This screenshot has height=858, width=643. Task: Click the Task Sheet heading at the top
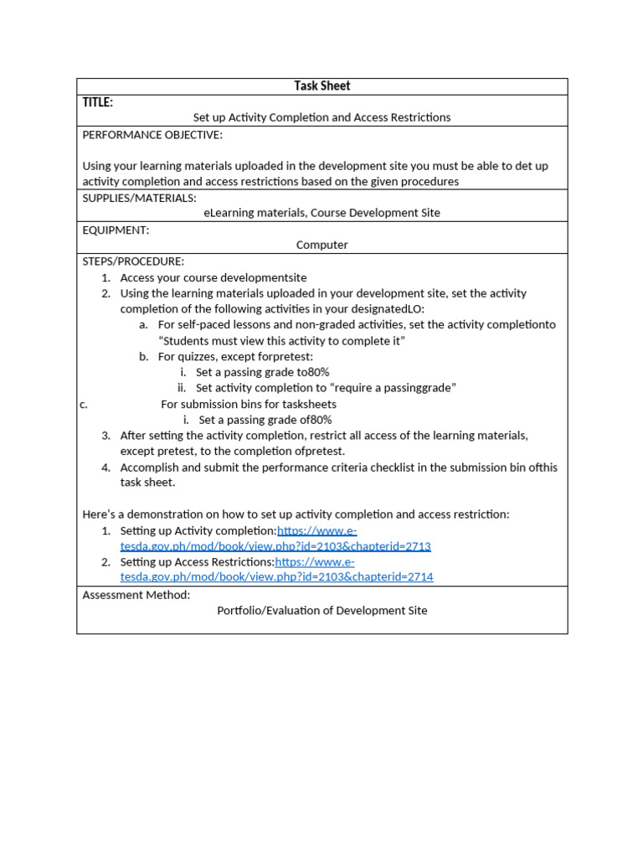coord(321,86)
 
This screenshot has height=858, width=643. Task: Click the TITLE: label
coord(98,102)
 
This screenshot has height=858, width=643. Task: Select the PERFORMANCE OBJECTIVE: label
coord(152,135)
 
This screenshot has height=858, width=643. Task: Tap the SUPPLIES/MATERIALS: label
coord(139,198)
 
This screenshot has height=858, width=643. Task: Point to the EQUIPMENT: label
coord(116,230)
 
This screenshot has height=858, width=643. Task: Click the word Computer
coord(321,246)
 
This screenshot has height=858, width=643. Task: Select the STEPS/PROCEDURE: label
coord(133,261)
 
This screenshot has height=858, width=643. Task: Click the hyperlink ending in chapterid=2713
coord(275,546)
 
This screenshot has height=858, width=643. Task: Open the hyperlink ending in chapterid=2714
coord(277,577)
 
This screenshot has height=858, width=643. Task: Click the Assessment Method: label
coord(136,595)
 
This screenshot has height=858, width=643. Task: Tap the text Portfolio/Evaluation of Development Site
coord(321,611)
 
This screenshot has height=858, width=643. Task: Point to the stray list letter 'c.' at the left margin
coord(84,405)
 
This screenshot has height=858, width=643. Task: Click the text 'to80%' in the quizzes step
coord(313,372)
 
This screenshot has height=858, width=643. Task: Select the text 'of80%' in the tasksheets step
coord(316,421)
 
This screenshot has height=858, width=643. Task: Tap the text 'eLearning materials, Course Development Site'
coord(321,214)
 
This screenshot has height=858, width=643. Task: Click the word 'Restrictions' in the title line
coord(417,118)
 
